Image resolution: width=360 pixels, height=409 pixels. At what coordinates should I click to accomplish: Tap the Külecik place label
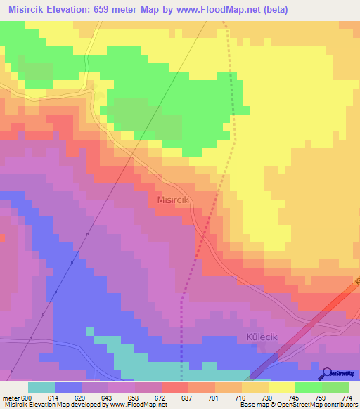click(262, 337)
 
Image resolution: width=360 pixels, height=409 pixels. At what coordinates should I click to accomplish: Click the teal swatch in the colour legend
click(41, 388)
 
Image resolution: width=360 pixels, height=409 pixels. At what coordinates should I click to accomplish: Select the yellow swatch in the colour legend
click(282, 388)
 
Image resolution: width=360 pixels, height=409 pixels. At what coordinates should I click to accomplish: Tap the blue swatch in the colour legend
click(68, 388)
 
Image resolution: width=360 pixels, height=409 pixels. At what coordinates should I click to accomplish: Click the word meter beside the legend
click(10, 398)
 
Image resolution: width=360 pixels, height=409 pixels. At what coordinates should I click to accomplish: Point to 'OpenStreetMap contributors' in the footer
click(316, 405)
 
